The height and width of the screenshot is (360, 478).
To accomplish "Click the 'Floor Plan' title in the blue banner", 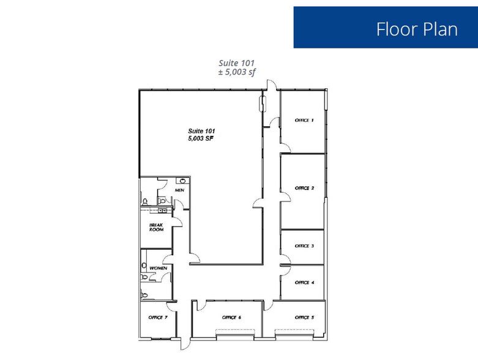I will coord(416,29).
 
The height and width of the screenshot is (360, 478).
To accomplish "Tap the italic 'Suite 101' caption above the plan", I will coord(236,62).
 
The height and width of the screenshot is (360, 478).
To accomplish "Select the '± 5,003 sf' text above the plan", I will coord(236,72).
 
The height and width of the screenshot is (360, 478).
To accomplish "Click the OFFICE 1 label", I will coord(304,120).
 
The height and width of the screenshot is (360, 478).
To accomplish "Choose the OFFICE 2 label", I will coord(304,188).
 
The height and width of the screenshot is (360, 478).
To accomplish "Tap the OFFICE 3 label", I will coord(304,246).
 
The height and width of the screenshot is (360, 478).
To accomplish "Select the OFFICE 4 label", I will coord(304,282).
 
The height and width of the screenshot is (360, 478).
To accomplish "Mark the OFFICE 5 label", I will coord(304,317).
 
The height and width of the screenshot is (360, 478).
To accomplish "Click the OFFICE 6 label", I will coord(231,317).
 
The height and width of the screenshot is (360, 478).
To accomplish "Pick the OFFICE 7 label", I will coord(158,317).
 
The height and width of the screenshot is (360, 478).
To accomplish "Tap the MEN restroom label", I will coord(179,190).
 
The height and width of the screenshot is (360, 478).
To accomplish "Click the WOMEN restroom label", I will coord(159,268).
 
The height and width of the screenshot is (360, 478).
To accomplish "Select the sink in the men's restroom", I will coord(182,181).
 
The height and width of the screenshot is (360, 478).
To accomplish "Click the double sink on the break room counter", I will coord(162,209).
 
